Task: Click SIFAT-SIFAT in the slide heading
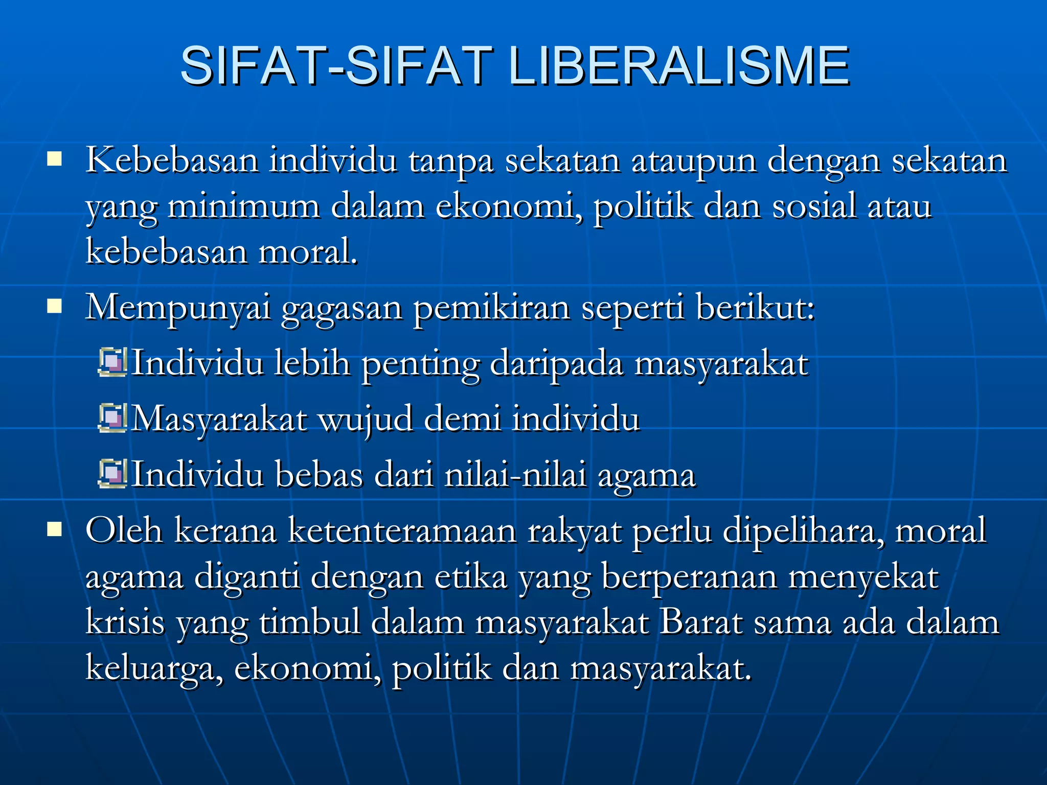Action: point(337,66)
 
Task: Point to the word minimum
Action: point(244,206)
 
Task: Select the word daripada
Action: point(557,365)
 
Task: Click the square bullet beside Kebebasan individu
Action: point(54,159)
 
